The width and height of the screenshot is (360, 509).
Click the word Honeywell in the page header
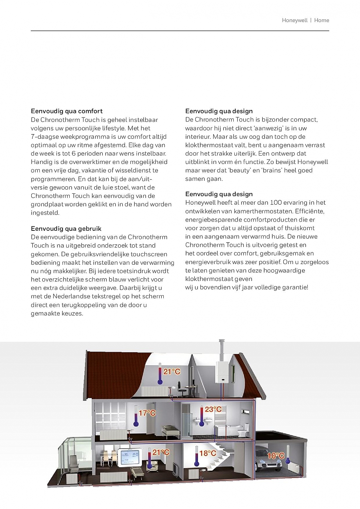(294, 20)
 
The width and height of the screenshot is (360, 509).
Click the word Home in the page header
(322, 20)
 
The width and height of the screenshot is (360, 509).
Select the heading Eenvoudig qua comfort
(67, 111)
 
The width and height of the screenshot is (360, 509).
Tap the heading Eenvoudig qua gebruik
(66, 228)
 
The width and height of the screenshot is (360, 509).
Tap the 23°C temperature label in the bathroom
(213, 409)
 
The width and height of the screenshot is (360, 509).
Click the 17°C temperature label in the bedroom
(147, 413)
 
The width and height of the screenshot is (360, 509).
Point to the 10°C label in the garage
(276, 456)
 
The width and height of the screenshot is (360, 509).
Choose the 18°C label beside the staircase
(208, 453)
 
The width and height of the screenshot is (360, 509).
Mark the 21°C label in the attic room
(172, 372)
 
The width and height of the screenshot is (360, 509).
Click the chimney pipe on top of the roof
(222, 350)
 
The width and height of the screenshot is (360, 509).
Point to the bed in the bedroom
(170, 432)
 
